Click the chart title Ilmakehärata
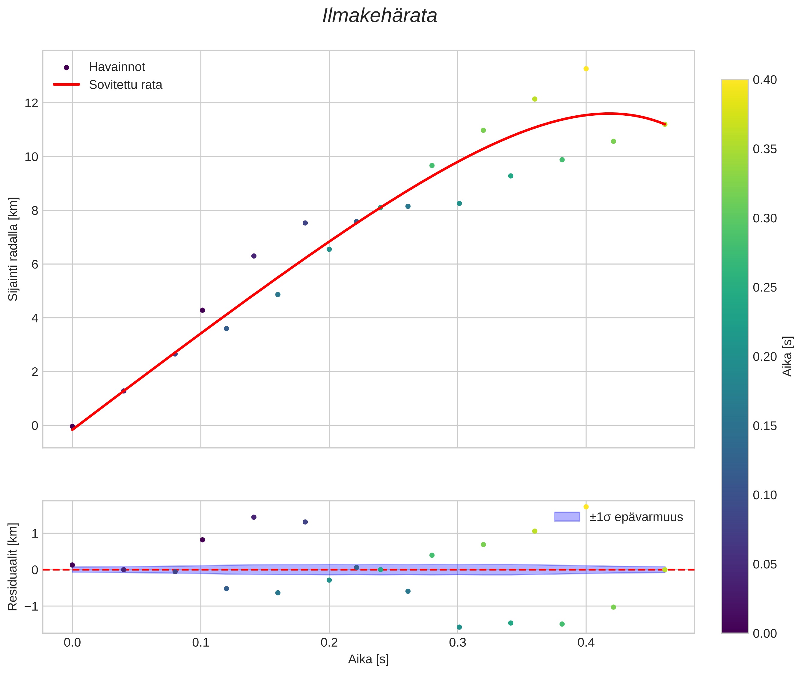click(x=380, y=16)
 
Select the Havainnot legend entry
click(x=117, y=67)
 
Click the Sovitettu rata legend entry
click(x=126, y=85)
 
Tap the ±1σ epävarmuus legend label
click(x=636, y=517)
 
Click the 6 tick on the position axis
click(x=35, y=264)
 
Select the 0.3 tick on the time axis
click(x=458, y=643)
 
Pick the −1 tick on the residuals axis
click(x=29, y=606)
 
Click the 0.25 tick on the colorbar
click(x=765, y=288)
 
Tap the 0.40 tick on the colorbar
click(x=765, y=80)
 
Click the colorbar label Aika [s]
click(x=788, y=356)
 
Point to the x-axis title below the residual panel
click(x=368, y=659)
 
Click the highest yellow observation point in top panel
click(x=586, y=69)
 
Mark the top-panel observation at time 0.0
click(x=73, y=426)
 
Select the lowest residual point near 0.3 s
click(x=459, y=627)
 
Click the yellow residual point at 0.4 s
click(x=586, y=507)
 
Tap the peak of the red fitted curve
click(x=609, y=113)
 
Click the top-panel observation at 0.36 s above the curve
click(x=535, y=99)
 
